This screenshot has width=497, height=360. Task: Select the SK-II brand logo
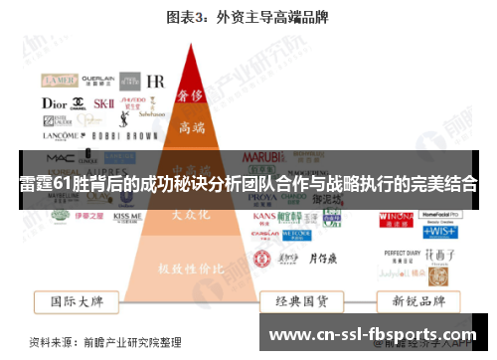pyautogui.click(x=103, y=102)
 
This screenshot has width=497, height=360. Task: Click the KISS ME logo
pyautogui.click(x=127, y=215)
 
